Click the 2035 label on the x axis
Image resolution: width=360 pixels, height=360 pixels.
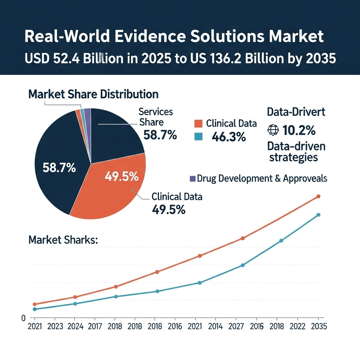pos(319,326)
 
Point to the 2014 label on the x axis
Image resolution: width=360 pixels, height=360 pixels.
pos(216,326)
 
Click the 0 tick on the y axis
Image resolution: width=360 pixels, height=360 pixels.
pos(24,318)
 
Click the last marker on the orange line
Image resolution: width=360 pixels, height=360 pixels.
pos(319,197)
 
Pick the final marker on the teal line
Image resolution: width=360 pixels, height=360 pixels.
pos(319,215)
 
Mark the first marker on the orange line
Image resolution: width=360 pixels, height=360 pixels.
pos(34,304)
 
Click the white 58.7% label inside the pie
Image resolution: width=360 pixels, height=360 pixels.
pos(59,168)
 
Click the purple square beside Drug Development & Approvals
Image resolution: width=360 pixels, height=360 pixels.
pos(192,179)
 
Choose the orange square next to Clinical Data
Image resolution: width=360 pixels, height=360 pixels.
pos(198,124)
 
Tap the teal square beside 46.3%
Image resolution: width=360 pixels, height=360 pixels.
pos(198,136)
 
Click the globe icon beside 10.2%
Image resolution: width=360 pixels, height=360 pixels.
pos(273,130)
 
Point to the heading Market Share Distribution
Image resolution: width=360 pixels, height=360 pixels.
pos(93,94)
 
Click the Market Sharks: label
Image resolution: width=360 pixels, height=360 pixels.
pos(63,240)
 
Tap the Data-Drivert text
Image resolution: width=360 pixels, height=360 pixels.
pos(296,112)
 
